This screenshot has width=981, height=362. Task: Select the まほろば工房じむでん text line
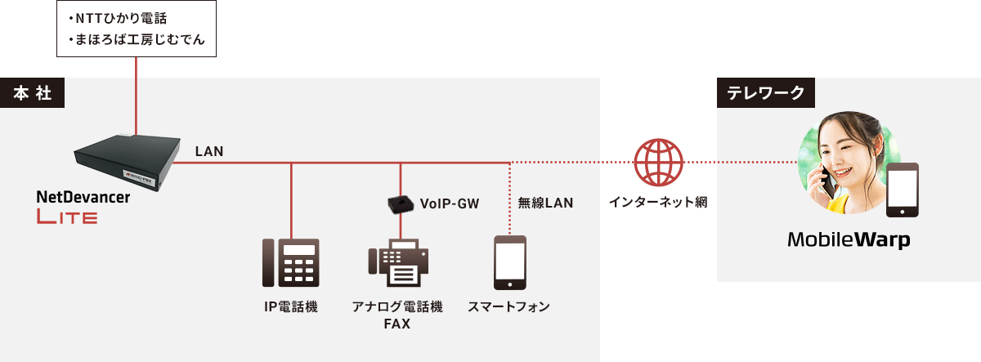[138, 38]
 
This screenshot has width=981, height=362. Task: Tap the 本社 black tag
[33, 94]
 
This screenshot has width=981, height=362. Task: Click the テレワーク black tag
[766, 94]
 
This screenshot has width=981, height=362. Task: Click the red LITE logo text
[67, 217]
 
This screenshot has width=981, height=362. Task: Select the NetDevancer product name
[83, 197]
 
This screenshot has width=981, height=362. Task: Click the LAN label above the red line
[209, 151]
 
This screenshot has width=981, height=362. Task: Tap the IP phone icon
[291, 262]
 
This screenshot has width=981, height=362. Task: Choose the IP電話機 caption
[291, 307]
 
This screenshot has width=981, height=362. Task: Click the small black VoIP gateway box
[400, 203]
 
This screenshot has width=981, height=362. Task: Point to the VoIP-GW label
[449, 203]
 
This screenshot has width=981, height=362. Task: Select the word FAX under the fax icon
[396, 324]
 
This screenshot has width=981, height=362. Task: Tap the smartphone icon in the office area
[509, 262]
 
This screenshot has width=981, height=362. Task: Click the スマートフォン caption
[508, 307]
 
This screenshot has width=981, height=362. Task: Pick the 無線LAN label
[545, 203]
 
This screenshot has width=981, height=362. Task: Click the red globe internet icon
[658, 162]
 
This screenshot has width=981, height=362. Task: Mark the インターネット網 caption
[658, 201]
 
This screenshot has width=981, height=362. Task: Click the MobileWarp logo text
[849, 241]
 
